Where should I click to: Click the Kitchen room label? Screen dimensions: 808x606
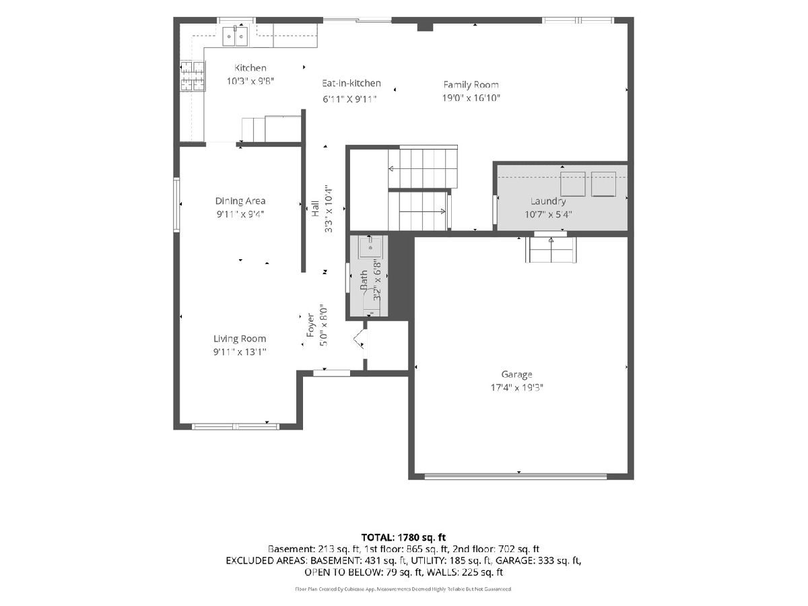point(250,68)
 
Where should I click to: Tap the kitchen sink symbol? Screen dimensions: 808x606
point(235,36)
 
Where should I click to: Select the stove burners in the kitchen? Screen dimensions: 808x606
point(192,76)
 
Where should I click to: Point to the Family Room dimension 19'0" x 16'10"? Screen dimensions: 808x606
point(471,98)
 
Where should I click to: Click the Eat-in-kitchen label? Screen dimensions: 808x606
point(351,83)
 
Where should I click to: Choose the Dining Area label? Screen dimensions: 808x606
point(240,201)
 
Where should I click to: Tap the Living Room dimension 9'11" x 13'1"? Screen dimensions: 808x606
point(240,352)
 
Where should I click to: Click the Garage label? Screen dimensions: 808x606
point(517,374)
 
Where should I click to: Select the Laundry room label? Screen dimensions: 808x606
point(548,201)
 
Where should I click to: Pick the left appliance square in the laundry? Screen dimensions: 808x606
point(573,184)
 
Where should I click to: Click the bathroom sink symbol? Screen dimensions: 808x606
point(370,247)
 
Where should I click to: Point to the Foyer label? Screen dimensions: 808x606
point(310,325)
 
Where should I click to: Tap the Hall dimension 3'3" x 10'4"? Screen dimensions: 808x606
point(329,209)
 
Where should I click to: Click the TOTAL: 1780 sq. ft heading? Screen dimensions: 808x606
point(403,537)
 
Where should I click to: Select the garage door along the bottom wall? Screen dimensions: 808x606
point(515,477)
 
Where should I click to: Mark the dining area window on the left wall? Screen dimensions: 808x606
point(176,205)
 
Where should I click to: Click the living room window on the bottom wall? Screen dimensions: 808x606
point(236,426)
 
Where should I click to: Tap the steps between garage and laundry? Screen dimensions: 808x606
point(551,250)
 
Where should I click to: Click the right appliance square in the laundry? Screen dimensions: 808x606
point(604,184)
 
